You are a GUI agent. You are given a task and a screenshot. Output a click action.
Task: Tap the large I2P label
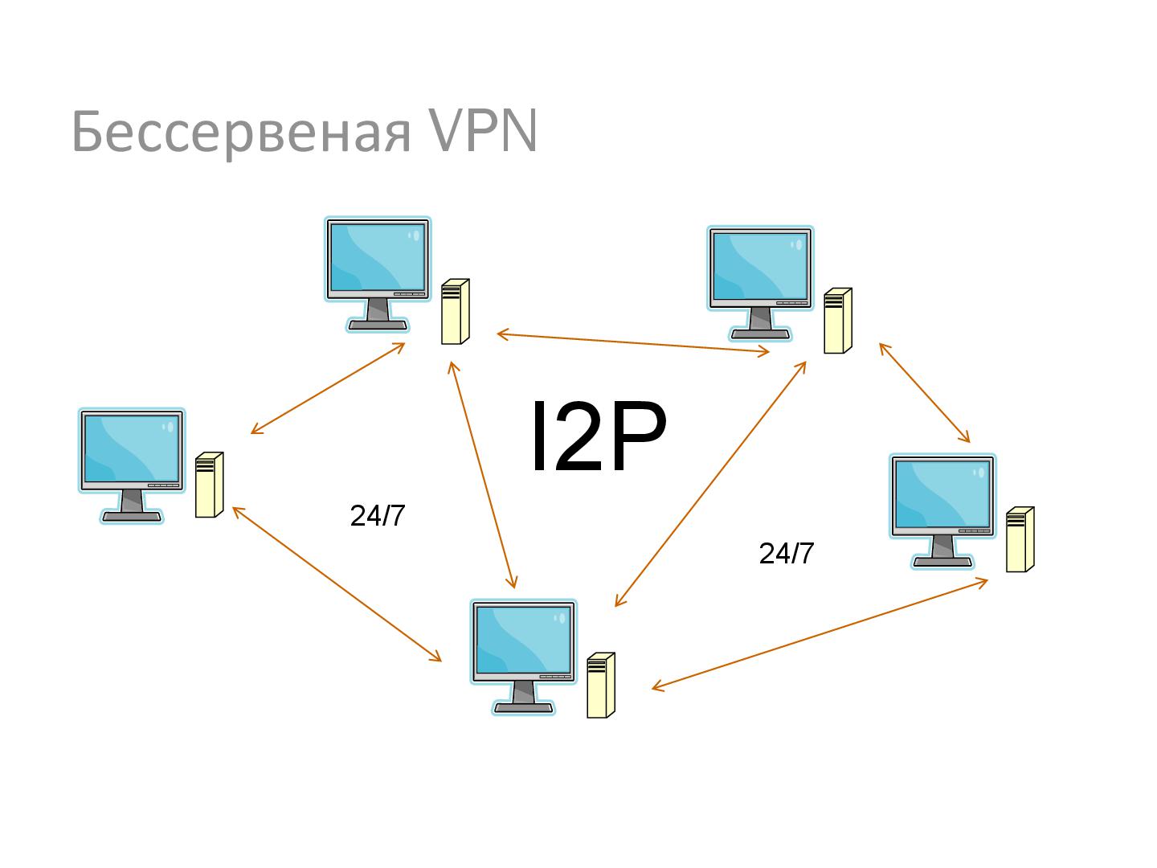point(598,438)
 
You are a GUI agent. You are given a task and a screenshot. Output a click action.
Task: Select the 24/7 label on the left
point(378,516)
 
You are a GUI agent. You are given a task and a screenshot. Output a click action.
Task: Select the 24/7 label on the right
point(786,554)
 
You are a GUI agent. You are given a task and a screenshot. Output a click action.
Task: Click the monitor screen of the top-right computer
point(759,267)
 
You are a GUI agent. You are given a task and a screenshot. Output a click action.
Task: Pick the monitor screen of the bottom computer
point(523,640)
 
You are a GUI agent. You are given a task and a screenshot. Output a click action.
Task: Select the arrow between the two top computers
point(633,343)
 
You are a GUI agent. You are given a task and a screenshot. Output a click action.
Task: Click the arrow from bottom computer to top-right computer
point(710,484)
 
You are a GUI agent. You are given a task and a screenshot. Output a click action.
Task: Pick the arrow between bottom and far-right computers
point(820,634)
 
